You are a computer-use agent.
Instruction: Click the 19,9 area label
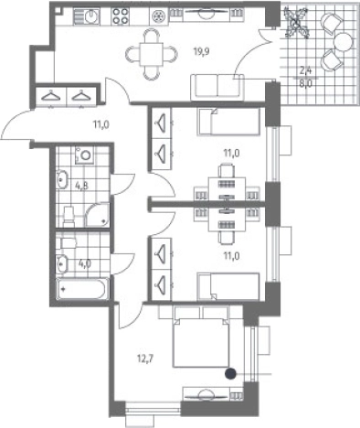pyautogui.click(x=202, y=51)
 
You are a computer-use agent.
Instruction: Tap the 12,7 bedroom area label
pyautogui.click(x=145, y=358)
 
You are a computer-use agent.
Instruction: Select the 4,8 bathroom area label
pyautogui.click(x=81, y=186)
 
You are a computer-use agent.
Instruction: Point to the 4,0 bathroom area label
pyautogui.click(x=84, y=263)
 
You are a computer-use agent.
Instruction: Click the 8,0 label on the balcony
pyautogui.click(x=305, y=83)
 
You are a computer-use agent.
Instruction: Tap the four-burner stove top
pyautogui.click(x=120, y=16)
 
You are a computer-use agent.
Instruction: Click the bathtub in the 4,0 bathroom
pyautogui.click(x=82, y=289)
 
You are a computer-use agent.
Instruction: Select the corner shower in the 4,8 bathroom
pyautogui.click(x=98, y=215)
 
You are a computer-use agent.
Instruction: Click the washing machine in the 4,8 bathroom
pyautogui.click(x=84, y=155)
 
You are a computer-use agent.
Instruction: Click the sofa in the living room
pyautogui.click(x=217, y=87)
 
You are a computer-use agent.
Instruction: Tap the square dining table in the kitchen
pyautogui.click(x=152, y=54)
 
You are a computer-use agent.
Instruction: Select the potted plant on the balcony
pyautogui.click(x=295, y=23)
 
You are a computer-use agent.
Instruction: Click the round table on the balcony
pyautogui.click(x=344, y=42)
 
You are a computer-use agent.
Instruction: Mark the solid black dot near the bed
pyautogui.click(x=230, y=373)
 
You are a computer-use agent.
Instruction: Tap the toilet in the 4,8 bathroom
pyautogui.click(x=69, y=217)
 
